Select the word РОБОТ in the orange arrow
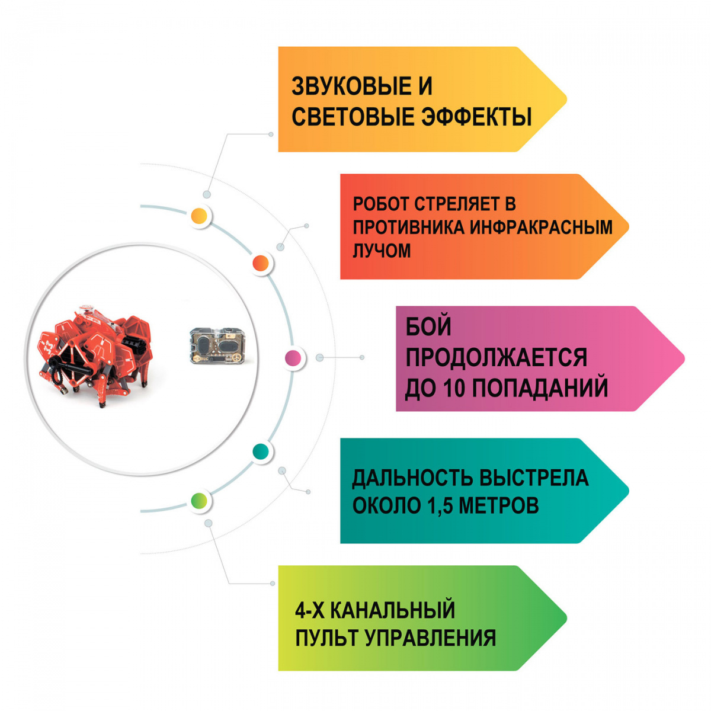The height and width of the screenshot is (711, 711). coord(381,204)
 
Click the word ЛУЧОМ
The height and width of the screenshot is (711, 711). coord(382,251)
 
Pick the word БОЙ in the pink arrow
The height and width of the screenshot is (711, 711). coord(428,326)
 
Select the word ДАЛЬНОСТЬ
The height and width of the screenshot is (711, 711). coord(412,478)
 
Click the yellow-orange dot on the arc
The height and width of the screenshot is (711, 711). coord(201,216)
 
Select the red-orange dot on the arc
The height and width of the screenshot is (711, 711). coord(261,262)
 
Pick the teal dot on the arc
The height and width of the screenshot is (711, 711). coord(261,451)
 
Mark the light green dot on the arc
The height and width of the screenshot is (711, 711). coord(200,501)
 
